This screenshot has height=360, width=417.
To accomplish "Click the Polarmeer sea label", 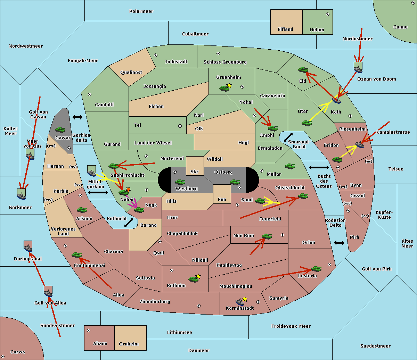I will tap(141, 11).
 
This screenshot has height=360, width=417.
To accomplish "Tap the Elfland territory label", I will tap(285, 30).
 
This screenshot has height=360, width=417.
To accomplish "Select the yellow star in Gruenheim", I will tap(229, 85).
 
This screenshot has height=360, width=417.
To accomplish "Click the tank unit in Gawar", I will tap(60, 130).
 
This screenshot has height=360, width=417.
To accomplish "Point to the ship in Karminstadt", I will tap(240, 302).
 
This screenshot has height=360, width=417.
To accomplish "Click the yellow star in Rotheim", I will tap(198, 276).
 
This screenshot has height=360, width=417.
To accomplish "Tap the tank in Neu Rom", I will tap(267, 236).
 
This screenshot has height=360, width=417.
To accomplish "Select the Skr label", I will tap(194, 172).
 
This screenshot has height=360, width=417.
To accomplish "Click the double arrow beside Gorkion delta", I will tap(77, 117).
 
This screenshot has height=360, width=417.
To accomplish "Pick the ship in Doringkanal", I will tap(28, 247).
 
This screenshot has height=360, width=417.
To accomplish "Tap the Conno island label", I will tap(400, 27).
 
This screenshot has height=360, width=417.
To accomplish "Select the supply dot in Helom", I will tap(327, 14).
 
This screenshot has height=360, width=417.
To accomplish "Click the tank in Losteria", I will tap(316, 269).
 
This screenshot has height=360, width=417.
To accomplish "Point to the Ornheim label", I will tap(129, 344).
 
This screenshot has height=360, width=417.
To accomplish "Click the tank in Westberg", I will tap(180, 182).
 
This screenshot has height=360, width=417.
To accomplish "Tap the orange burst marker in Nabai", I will tap(128, 190).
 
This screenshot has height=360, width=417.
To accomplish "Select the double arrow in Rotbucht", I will tap(129, 223).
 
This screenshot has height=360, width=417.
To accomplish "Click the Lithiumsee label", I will tap(179, 333).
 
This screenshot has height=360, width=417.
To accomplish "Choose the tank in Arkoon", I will tap(82, 210).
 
